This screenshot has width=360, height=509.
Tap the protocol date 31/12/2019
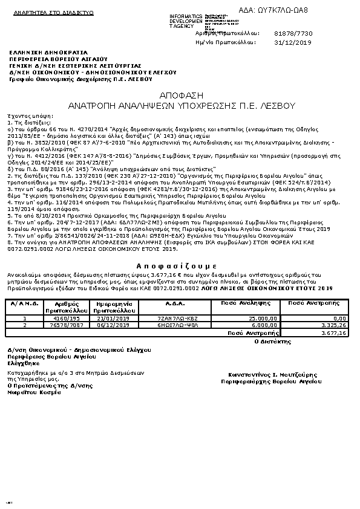pyautogui.click(x=293, y=43)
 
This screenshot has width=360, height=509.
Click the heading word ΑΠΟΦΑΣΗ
pyautogui.click(x=180, y=96)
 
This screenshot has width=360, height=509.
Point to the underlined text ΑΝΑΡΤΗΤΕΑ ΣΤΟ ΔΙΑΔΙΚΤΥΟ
pyautogui.click(x=49, y=12)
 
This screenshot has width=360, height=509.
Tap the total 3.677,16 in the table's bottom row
pyautogui.click(x=334, y=332)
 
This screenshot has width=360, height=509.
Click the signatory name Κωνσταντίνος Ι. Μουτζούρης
pyautogui.click(x=265, y=375)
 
